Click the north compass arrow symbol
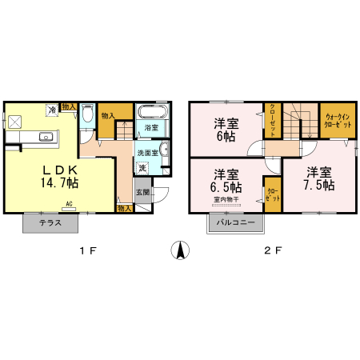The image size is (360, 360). pos(181,250)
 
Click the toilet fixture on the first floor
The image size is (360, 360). pos(86,118)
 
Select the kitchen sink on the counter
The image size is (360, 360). pos(46,136)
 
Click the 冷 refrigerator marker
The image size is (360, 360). pos(52,110)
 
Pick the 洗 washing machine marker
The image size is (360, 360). pos(142,168)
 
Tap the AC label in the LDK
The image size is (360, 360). pos(70,204)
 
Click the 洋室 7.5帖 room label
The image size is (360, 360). pos(319,178)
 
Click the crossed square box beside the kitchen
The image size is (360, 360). pos(15,121)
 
